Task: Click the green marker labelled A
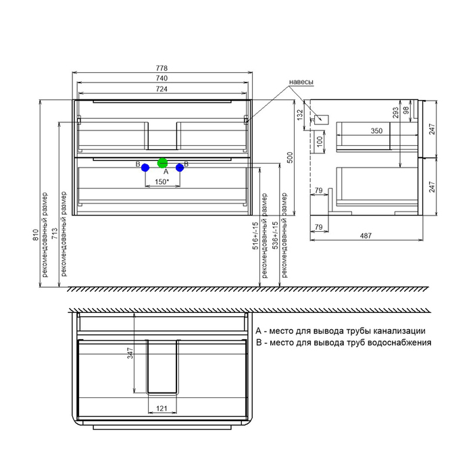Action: (x=162, y=164)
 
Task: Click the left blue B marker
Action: (x=145, y=168)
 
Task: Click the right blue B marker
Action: (x=180, y=168)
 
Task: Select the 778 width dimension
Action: (x=161, y=68)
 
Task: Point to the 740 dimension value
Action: (x=161, y=78)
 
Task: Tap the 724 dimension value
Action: (x=161, y=89)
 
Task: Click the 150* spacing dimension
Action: (x=161, y=182)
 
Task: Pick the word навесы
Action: (x=301, y=82)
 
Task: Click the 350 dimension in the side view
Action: (x=376, y=131)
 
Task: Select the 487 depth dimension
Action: (x=366, y=236)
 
